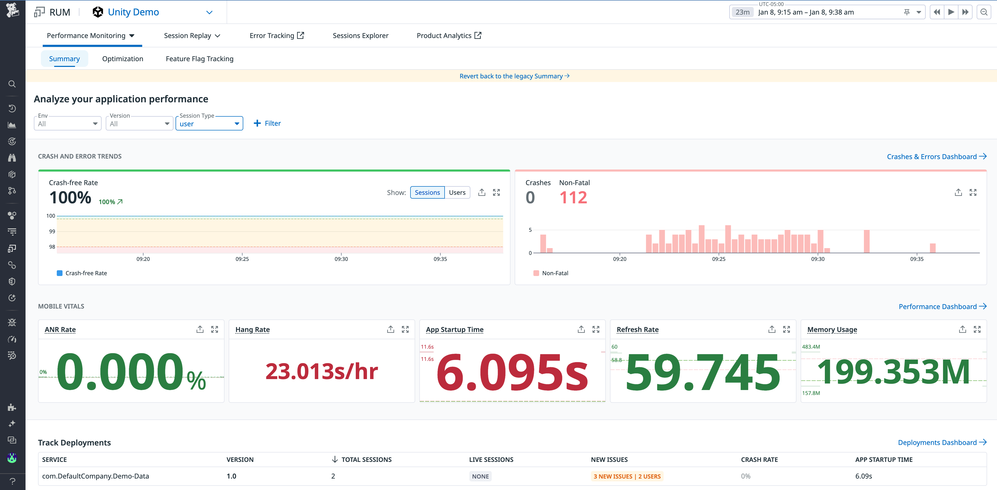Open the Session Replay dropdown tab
tap(192, 36)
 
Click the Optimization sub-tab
tap(122, 59)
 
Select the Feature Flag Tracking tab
tap(199, 59)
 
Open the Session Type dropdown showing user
tap(209, 124)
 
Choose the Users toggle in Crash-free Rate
tap(457, 192)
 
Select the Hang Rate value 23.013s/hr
tap(322, 372)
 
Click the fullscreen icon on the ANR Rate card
tap(214, 329)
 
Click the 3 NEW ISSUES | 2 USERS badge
tap(627, 476)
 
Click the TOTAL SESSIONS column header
tap(366, 460)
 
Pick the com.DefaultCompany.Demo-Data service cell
tap(96, 476)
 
